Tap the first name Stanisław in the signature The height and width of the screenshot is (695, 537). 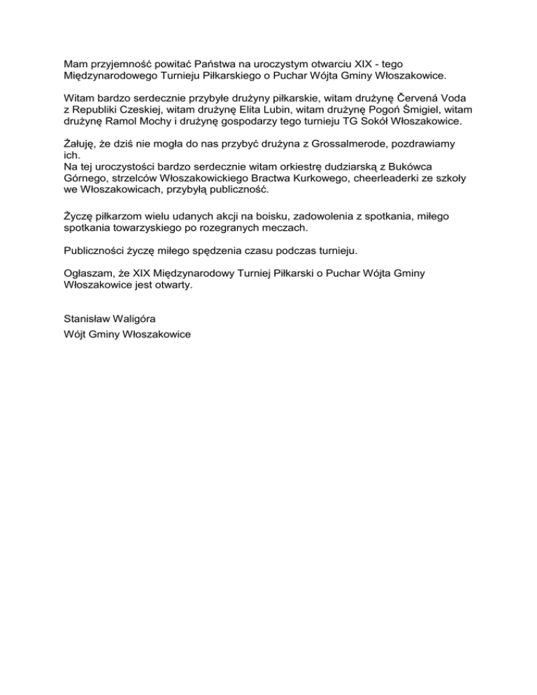(89, 318)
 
